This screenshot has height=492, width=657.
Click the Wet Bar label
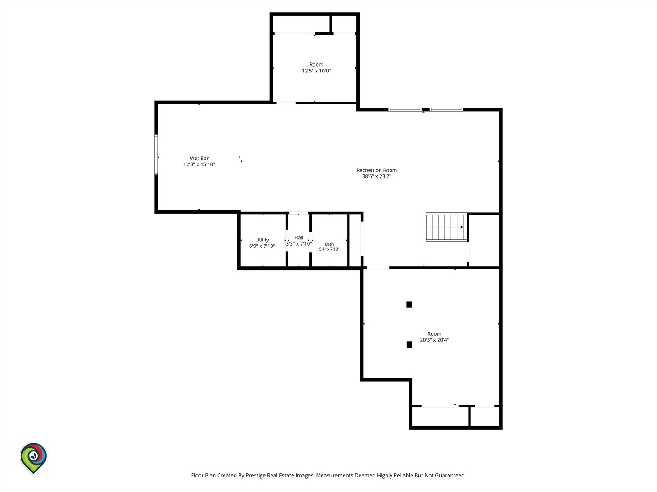[199, 159]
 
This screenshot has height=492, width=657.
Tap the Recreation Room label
[376, 170]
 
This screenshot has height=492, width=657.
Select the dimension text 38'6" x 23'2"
[376, 176]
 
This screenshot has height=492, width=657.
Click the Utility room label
[262, 240]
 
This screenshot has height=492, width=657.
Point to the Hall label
[299, 237]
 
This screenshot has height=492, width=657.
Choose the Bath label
[329, 244]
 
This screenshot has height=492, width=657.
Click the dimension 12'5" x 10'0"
[316, 71]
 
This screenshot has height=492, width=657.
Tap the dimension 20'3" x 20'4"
[434, 340]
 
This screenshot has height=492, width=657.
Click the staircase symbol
[446, 227]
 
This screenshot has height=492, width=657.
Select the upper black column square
[409, 304]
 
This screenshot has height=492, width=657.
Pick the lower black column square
[409, 344]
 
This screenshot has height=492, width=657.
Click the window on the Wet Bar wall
[156, 154]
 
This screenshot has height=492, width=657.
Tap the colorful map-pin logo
[33, 458]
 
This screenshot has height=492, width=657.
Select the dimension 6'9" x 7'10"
[262, 246]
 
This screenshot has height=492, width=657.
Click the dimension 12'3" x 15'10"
[199, 164]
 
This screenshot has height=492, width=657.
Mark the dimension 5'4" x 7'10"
[329, 249]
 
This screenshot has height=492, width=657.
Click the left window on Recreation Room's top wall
[405, 110]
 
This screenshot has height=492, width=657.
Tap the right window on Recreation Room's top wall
[446, 110]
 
